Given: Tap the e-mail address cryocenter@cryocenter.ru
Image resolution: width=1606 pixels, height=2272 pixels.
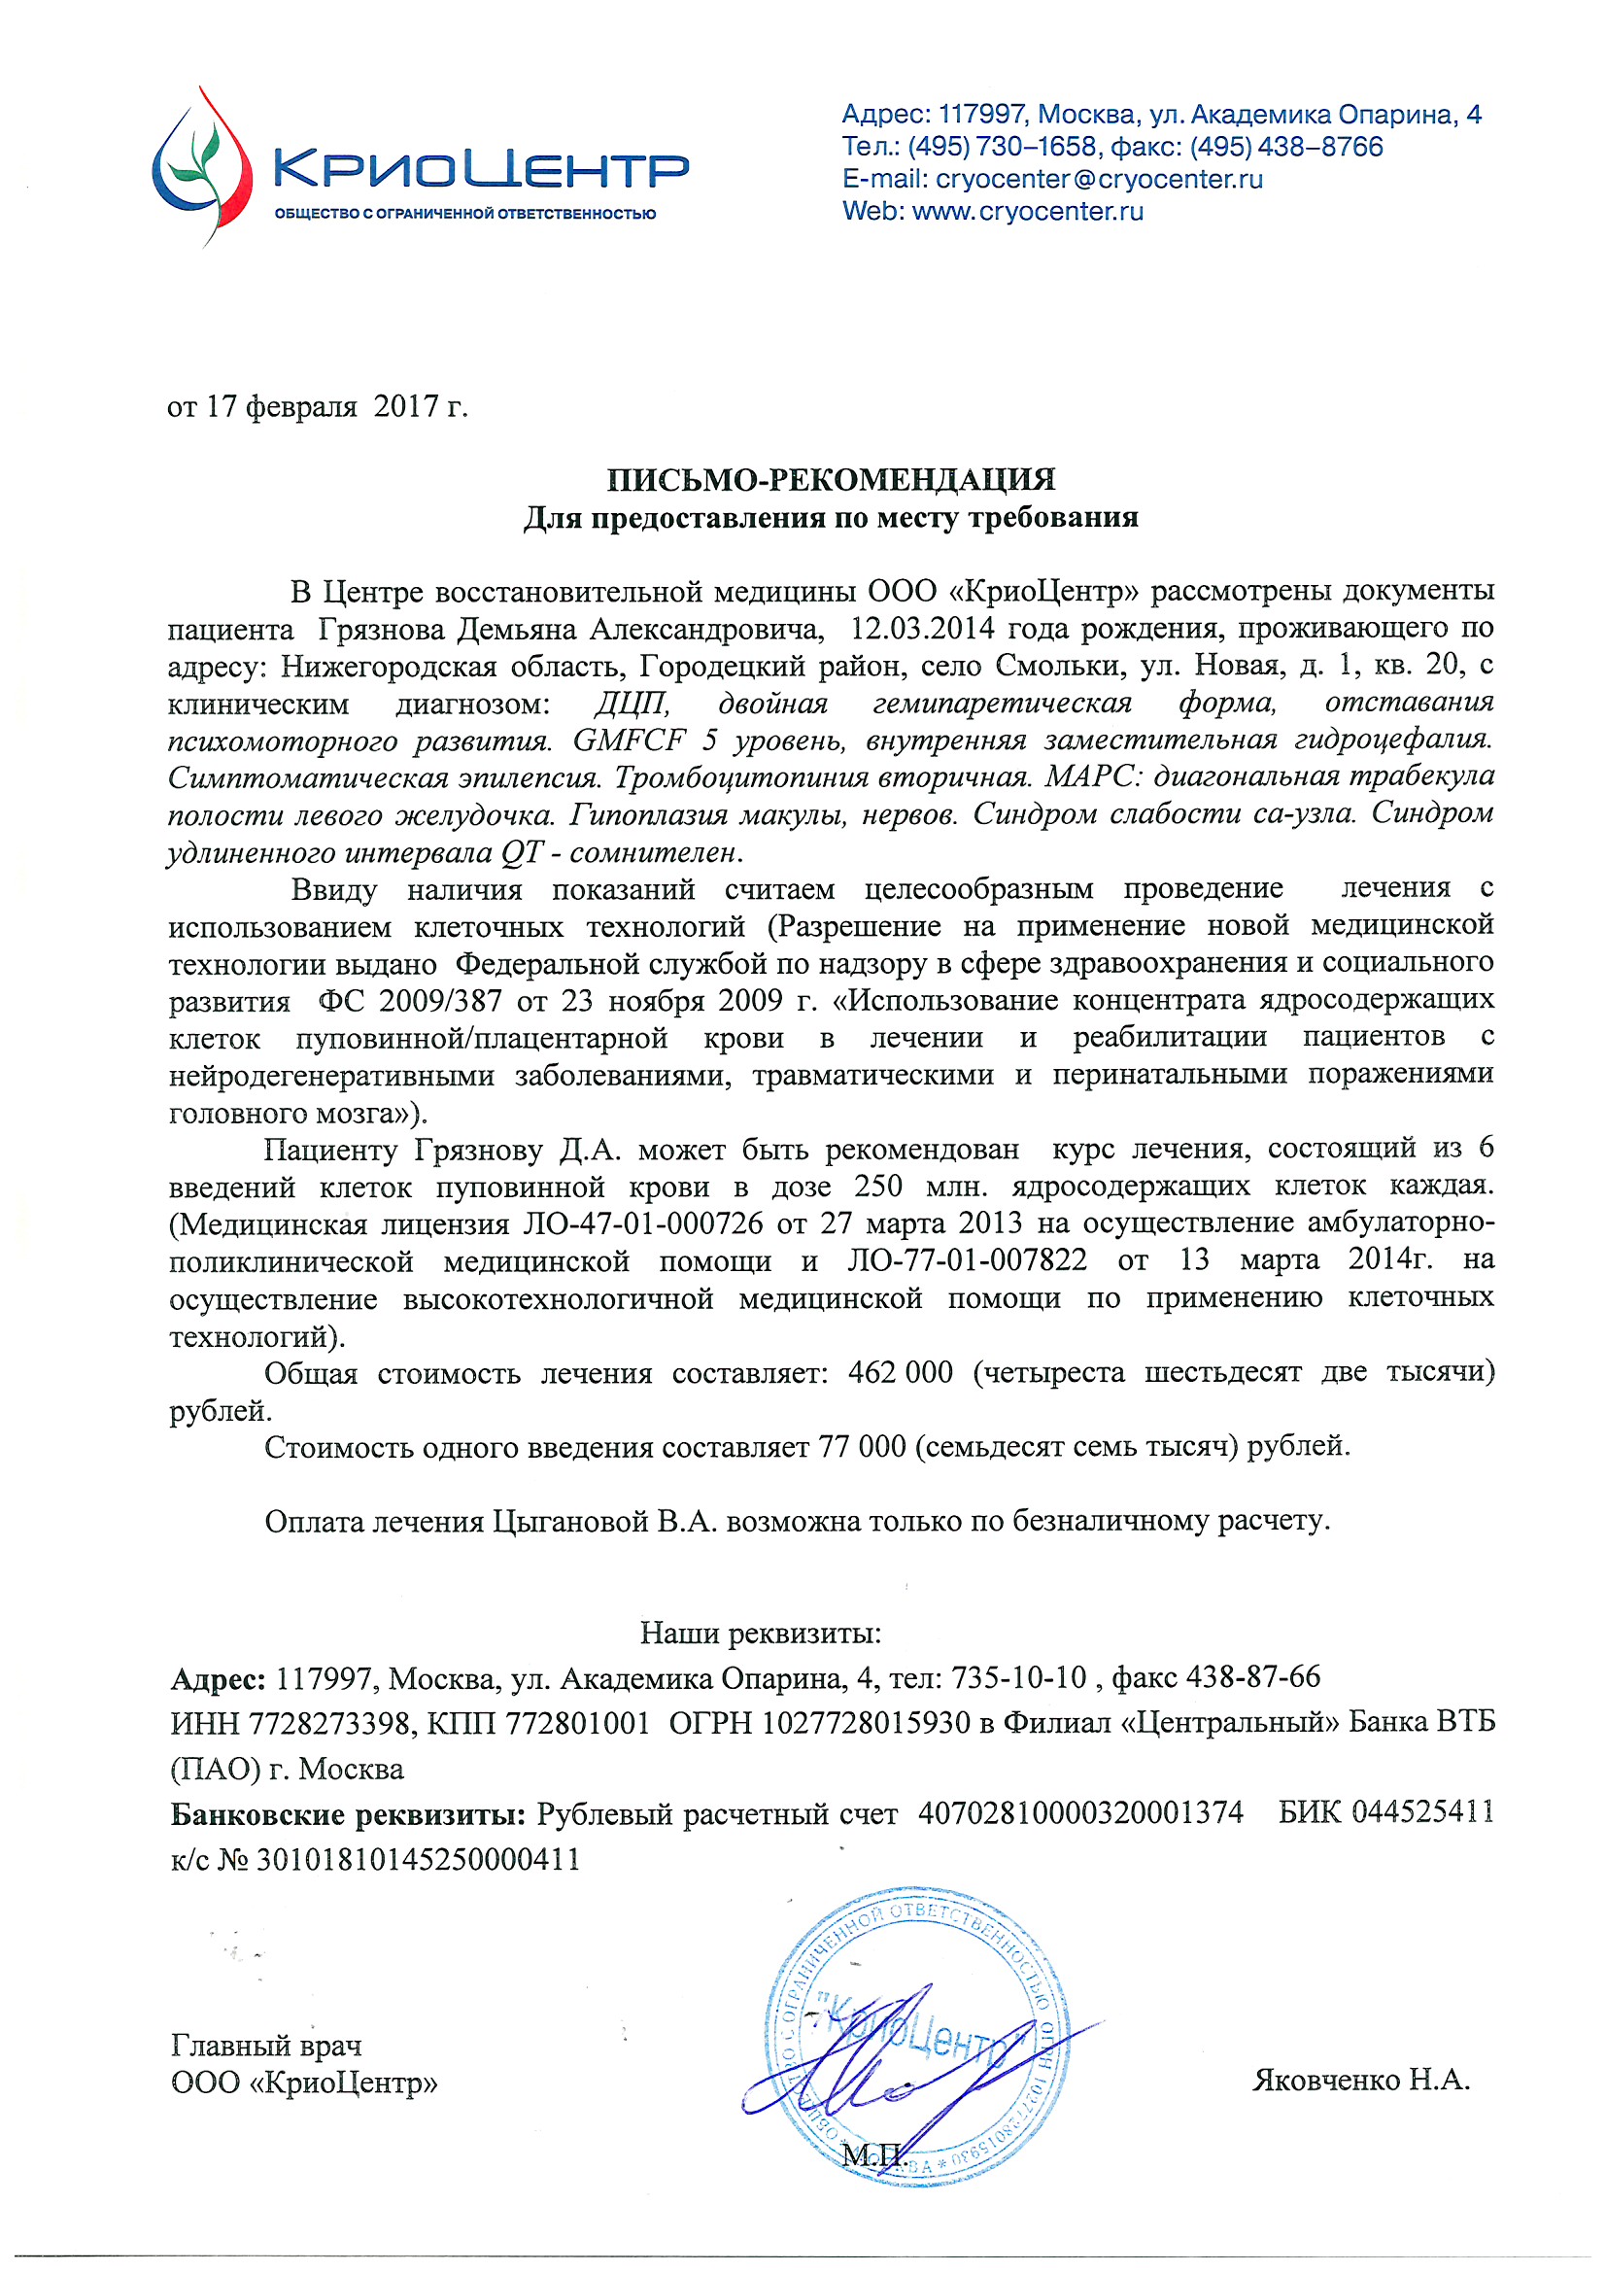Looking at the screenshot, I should [x=1099, y=179].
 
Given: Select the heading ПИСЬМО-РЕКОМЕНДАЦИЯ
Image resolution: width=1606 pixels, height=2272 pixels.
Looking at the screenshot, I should [x=831, y=480].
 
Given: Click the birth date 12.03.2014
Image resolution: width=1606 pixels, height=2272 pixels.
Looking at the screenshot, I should [x=921, y=630].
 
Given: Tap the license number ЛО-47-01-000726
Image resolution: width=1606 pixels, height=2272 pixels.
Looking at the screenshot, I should [x=642, y=1224].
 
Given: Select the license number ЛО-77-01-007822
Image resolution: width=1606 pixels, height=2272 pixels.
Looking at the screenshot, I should [x=967, y=1260].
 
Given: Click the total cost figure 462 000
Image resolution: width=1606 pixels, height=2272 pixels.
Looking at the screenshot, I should [x=901, y=1372].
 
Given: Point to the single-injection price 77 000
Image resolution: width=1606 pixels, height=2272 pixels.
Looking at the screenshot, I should [x=862, y=1447].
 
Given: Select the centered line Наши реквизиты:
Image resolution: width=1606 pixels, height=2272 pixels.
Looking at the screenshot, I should [x=760, y=1634].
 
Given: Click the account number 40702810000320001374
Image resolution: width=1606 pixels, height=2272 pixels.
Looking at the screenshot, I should [x=1080, y=1813].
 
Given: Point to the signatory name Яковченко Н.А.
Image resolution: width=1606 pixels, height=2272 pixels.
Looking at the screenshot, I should [x=1360, y=2080].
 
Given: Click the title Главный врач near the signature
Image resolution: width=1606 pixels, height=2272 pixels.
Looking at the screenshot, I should [x=266, y=2045].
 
